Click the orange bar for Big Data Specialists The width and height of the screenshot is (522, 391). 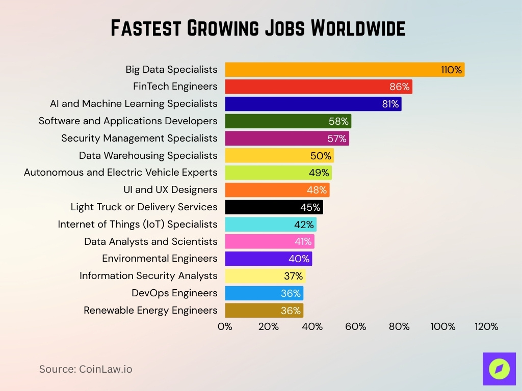331,70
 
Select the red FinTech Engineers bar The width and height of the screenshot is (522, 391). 306,87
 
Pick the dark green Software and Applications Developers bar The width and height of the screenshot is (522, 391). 275,121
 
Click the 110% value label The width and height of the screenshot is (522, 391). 452,70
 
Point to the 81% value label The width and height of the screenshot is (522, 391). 390,104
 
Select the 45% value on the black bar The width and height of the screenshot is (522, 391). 310,207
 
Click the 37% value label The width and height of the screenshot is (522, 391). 293,276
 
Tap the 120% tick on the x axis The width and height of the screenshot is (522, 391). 486,327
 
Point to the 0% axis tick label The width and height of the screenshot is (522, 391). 225,327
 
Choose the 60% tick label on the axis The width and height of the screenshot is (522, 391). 355,327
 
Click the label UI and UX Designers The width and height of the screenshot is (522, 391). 170,190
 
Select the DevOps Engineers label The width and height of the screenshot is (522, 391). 174,293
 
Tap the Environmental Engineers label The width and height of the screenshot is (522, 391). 160,259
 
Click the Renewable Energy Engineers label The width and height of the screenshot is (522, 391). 150,311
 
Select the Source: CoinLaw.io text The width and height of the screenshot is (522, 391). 86,369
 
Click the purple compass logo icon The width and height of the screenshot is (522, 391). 499,369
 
